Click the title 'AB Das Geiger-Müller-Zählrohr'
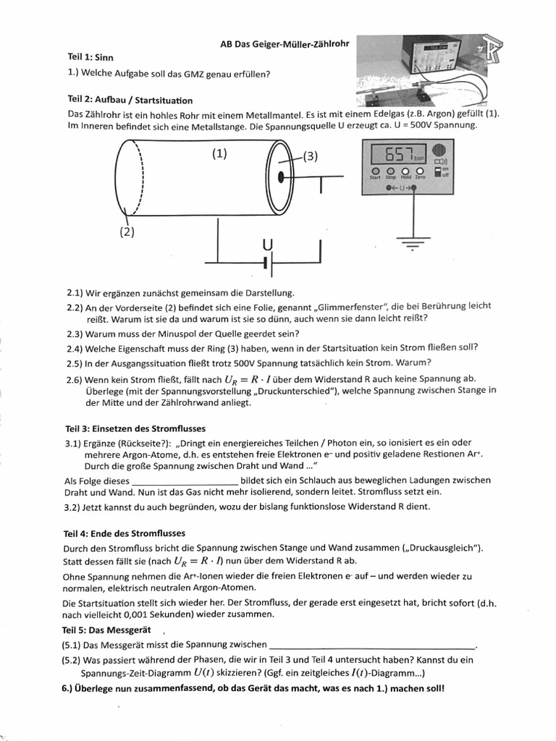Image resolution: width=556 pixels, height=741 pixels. coord(284,43)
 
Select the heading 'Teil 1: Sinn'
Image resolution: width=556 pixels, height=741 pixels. coord(90,56)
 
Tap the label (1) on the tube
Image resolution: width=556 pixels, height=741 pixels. coord(219,153)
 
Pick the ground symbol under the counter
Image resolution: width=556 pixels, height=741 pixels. coord(413,245)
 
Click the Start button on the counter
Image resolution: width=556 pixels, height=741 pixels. coord(375,172)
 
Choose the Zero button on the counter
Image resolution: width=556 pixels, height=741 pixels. coord(419,172)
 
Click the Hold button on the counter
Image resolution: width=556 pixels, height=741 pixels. coord(405,172)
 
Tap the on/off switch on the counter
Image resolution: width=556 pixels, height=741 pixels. coord(438,172)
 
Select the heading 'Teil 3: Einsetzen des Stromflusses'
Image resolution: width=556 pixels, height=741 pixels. coord(135,428)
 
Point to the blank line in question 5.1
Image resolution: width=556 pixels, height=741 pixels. coord(372,645)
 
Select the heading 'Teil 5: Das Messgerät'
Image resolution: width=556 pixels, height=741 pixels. coord(109,629)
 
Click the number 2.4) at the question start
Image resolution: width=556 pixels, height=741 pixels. coord(74,348)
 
